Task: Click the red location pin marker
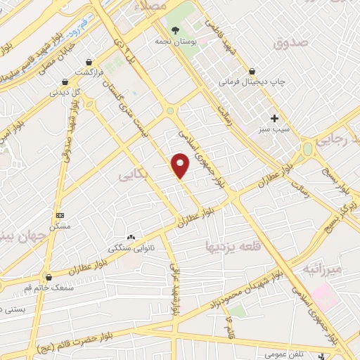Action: [181, 166]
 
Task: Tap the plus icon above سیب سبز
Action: [274, 117]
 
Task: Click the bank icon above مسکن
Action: [60, 214]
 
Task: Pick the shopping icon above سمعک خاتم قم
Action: [48, 277]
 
